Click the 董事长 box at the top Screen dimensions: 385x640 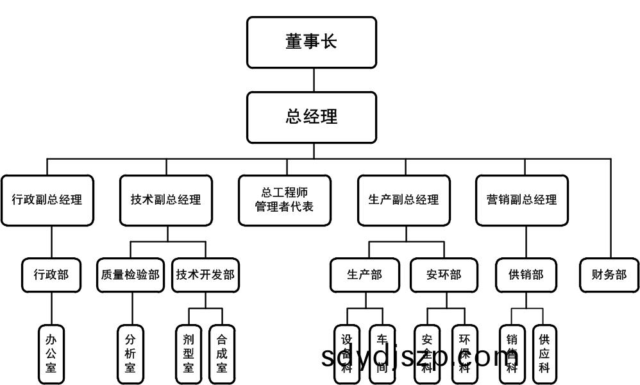[312, 42]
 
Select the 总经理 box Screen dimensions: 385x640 [312, 117]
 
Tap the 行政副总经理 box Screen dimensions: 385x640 [47, 200]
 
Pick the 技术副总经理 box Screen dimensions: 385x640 [166, 200]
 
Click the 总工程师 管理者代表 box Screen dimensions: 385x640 [285, 200]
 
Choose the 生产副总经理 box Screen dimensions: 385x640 [404, 200]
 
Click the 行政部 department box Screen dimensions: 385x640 [51, 275]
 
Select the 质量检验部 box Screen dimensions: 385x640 [130, 275]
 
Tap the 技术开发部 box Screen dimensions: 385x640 [205, 275]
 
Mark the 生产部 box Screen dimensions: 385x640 [365, 275]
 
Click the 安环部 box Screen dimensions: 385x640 [444, 275]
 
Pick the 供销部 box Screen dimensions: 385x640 [526, 275]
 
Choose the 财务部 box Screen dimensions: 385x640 [609, 275]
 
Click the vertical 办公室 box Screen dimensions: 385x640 [51, 353]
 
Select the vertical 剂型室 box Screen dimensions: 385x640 [189, 353]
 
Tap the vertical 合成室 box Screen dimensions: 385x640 [222, 353]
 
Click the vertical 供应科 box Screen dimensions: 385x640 [544, 353]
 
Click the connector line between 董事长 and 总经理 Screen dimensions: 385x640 [314, 80]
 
